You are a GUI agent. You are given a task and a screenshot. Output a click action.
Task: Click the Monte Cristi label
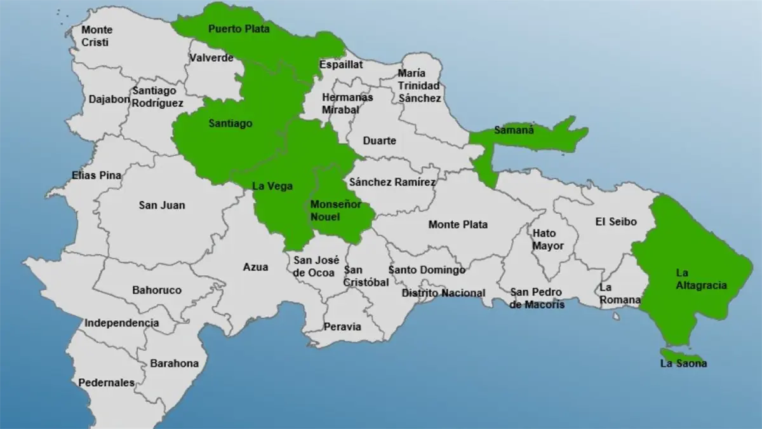97,36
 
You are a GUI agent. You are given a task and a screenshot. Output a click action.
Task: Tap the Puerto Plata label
239,29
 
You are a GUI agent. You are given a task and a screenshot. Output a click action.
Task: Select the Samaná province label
514,131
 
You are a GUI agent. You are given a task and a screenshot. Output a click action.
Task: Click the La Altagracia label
701,279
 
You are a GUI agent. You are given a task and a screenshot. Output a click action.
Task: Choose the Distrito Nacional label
443,293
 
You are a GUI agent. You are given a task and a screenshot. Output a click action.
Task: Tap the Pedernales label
106,383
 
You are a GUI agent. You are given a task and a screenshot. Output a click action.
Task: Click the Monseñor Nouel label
335,210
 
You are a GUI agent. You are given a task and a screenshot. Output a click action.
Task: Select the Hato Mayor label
548,239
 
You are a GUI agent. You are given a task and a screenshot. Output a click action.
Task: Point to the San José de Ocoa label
316,266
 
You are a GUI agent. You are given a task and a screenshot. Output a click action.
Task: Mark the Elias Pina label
97,175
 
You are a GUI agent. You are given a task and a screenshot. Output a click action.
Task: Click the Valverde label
211,58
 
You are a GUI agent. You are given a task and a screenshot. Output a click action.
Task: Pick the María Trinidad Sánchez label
419,86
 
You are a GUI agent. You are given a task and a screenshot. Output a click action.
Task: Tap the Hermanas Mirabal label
347,103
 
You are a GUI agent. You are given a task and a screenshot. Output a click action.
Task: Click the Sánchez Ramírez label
392,182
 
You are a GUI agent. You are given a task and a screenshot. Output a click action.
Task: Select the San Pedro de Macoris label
537,298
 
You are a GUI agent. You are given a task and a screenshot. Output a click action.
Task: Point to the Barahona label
174,364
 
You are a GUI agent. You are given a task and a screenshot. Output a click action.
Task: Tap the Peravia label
342,327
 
